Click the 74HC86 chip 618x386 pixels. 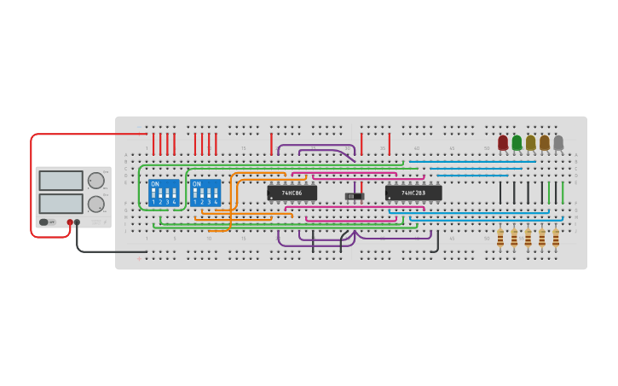pyautogui.click(x=292, y=193)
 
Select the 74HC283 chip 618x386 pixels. pyautogui.click(x=413, y=193)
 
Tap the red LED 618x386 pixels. pyautogui.click(x=503, y=142)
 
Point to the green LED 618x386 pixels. pyautogui.click(x=517, y=142)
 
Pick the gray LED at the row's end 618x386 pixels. pyautogui.click(x=558, y=142)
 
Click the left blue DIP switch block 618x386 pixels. pyautogui.click(x=164, y=193)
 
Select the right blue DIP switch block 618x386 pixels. pyautogui.click(x=205, y=193)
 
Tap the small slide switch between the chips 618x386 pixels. pyautogui.click(x=354, y=197)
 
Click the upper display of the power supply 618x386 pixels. pyautogui.click(x=61, y=181)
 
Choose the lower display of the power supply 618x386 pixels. pyautogui.click(x=61, y=204)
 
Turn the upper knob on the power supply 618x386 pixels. pyautogui.click(x=96, y=181)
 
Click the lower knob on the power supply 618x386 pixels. pyautogui.click(x=96, y=204)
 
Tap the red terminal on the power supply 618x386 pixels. pyautogui.click(x=70, y=222)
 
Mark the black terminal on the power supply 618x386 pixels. pyautogui.click(x=77, y=222)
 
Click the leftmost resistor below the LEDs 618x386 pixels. pyautogui.click(x=500, y=238)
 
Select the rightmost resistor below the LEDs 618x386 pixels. pyautogui.click(x=556, y=238)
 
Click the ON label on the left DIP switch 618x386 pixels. pyautogui.click(x=155, y=184)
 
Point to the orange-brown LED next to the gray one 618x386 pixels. pyautogui.click(x=545, y=142)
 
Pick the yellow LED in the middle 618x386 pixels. pyautogui.click(x=530, y=142)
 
